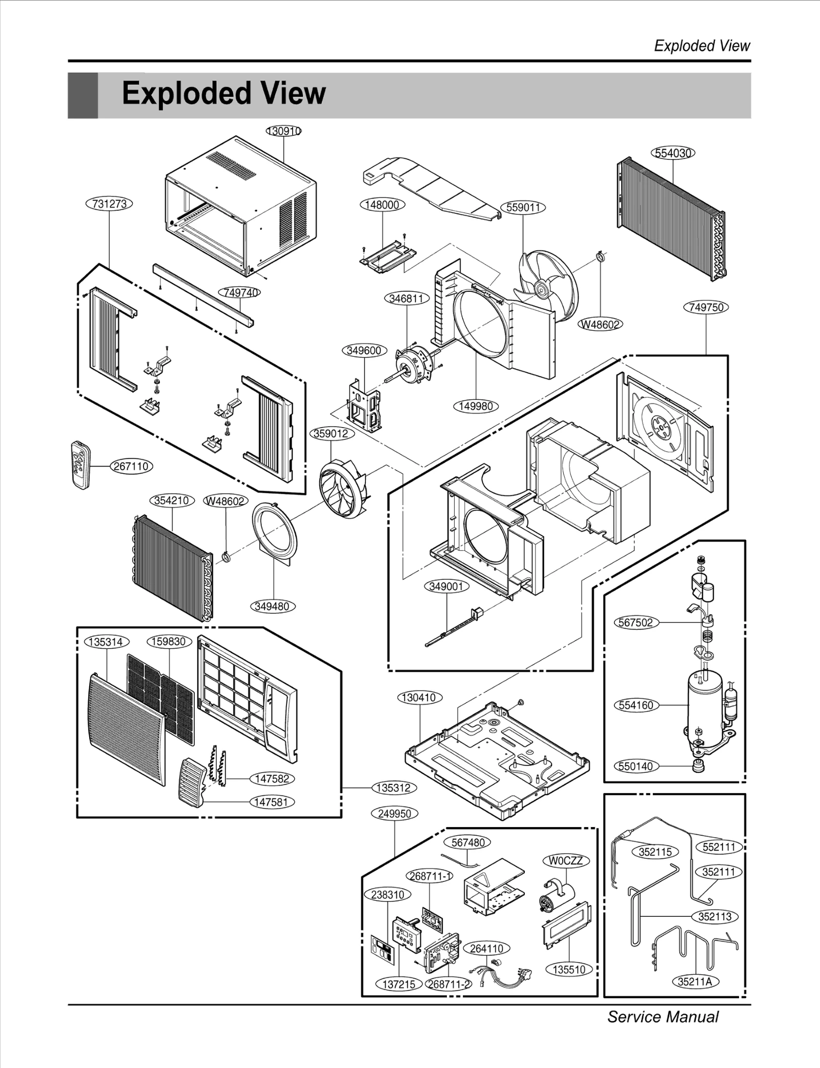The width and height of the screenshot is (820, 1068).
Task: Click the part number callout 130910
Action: pyautogui.click(x=283, y=131)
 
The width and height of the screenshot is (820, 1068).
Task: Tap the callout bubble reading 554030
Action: pyautogui.click(x=673, y=153)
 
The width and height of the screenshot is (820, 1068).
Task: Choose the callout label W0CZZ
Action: pyautogui.click(x=565, y=861)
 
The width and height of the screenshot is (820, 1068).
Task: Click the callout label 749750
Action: pyautogui.click(x=706, y=308)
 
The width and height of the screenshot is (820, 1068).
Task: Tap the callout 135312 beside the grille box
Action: pyautogui.click(x=394, y=788)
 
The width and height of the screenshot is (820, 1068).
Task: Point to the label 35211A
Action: pyautogui.click(x=695, y=981)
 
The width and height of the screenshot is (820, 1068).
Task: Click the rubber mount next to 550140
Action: pyautogui.click(x=697, y=767)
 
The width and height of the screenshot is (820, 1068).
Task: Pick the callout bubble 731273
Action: pyautogui.click(x=109, y=204)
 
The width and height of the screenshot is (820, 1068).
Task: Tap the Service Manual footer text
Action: pyautogui.click(x=663, y=1016)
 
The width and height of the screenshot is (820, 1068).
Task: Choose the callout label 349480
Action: pyautogui.click(x=272, y=607)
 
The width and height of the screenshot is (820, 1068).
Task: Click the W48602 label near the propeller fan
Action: pyautogui.click(x=600, y=324)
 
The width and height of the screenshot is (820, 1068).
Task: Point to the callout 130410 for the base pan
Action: pyautogui.click(x=419, y=697)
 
